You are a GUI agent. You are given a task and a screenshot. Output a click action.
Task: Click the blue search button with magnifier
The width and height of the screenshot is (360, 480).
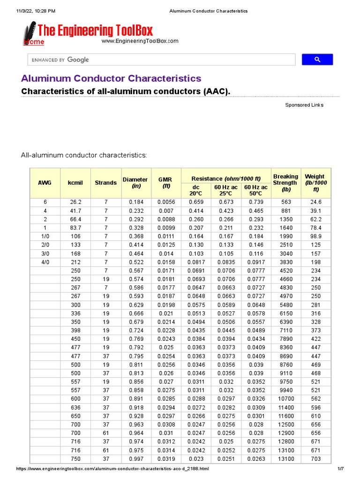click(x=317, y=60)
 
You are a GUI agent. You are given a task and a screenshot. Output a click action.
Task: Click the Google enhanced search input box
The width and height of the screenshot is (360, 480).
click(x=161, y=60)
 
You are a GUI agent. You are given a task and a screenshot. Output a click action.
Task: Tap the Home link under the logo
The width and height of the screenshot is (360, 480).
click(x=34, y=42)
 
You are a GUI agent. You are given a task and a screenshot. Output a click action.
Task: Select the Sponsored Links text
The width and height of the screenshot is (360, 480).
click(x=304, y=105)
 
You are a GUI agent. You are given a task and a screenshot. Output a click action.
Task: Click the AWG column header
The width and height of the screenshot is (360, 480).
click(x=45, y=182)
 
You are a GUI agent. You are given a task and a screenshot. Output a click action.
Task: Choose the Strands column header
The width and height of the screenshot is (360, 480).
click(x=106, y=182)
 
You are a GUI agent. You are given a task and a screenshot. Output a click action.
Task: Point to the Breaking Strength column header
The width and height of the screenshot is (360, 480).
click(x=285, y=183)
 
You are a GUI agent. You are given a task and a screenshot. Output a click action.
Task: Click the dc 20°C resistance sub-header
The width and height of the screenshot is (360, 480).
click(x=196, y=190)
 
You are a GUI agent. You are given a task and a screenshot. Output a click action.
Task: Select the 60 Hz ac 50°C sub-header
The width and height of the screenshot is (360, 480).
click(x=256, y=190)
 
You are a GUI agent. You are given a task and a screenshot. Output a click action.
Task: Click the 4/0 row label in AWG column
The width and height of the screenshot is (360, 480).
click(x=45, y=262)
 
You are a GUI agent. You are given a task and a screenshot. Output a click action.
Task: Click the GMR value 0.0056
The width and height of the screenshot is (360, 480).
click(x=165, y=202)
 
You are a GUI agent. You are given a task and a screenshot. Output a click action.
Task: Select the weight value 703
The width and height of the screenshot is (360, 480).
click(x=316, y=459)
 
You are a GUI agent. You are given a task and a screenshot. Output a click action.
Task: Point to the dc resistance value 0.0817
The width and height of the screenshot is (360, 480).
click(x=196, y=262)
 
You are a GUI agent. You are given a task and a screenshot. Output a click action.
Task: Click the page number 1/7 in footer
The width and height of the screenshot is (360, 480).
click(x=340, y=469)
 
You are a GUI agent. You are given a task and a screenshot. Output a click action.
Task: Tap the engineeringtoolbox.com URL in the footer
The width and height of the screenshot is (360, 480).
click(x=112, y=469)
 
